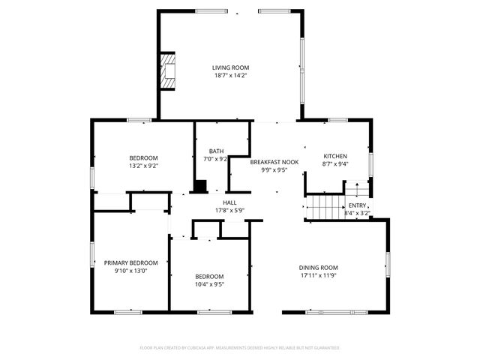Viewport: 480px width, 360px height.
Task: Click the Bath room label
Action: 216,151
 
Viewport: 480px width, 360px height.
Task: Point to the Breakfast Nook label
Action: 274,162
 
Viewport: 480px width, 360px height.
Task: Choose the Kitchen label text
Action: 334,156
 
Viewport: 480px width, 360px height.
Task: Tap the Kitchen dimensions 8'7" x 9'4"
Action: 334,163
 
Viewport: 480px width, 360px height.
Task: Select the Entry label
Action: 357,205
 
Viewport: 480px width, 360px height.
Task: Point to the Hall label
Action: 230,202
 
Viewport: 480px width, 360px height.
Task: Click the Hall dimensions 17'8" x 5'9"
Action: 230,210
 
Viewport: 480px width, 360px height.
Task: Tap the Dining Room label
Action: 319,268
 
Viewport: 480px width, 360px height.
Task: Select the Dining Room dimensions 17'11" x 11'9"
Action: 319,275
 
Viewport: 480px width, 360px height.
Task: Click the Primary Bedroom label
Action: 131,262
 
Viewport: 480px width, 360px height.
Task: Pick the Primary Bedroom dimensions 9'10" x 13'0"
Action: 131,271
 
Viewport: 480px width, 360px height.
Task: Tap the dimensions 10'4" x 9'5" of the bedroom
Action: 209,284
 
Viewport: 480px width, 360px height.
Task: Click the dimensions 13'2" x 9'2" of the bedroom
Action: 143,166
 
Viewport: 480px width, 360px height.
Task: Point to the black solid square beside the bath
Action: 200,186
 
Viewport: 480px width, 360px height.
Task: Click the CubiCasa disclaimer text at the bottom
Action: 240,348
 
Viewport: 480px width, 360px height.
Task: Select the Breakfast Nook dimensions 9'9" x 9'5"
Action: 274,169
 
